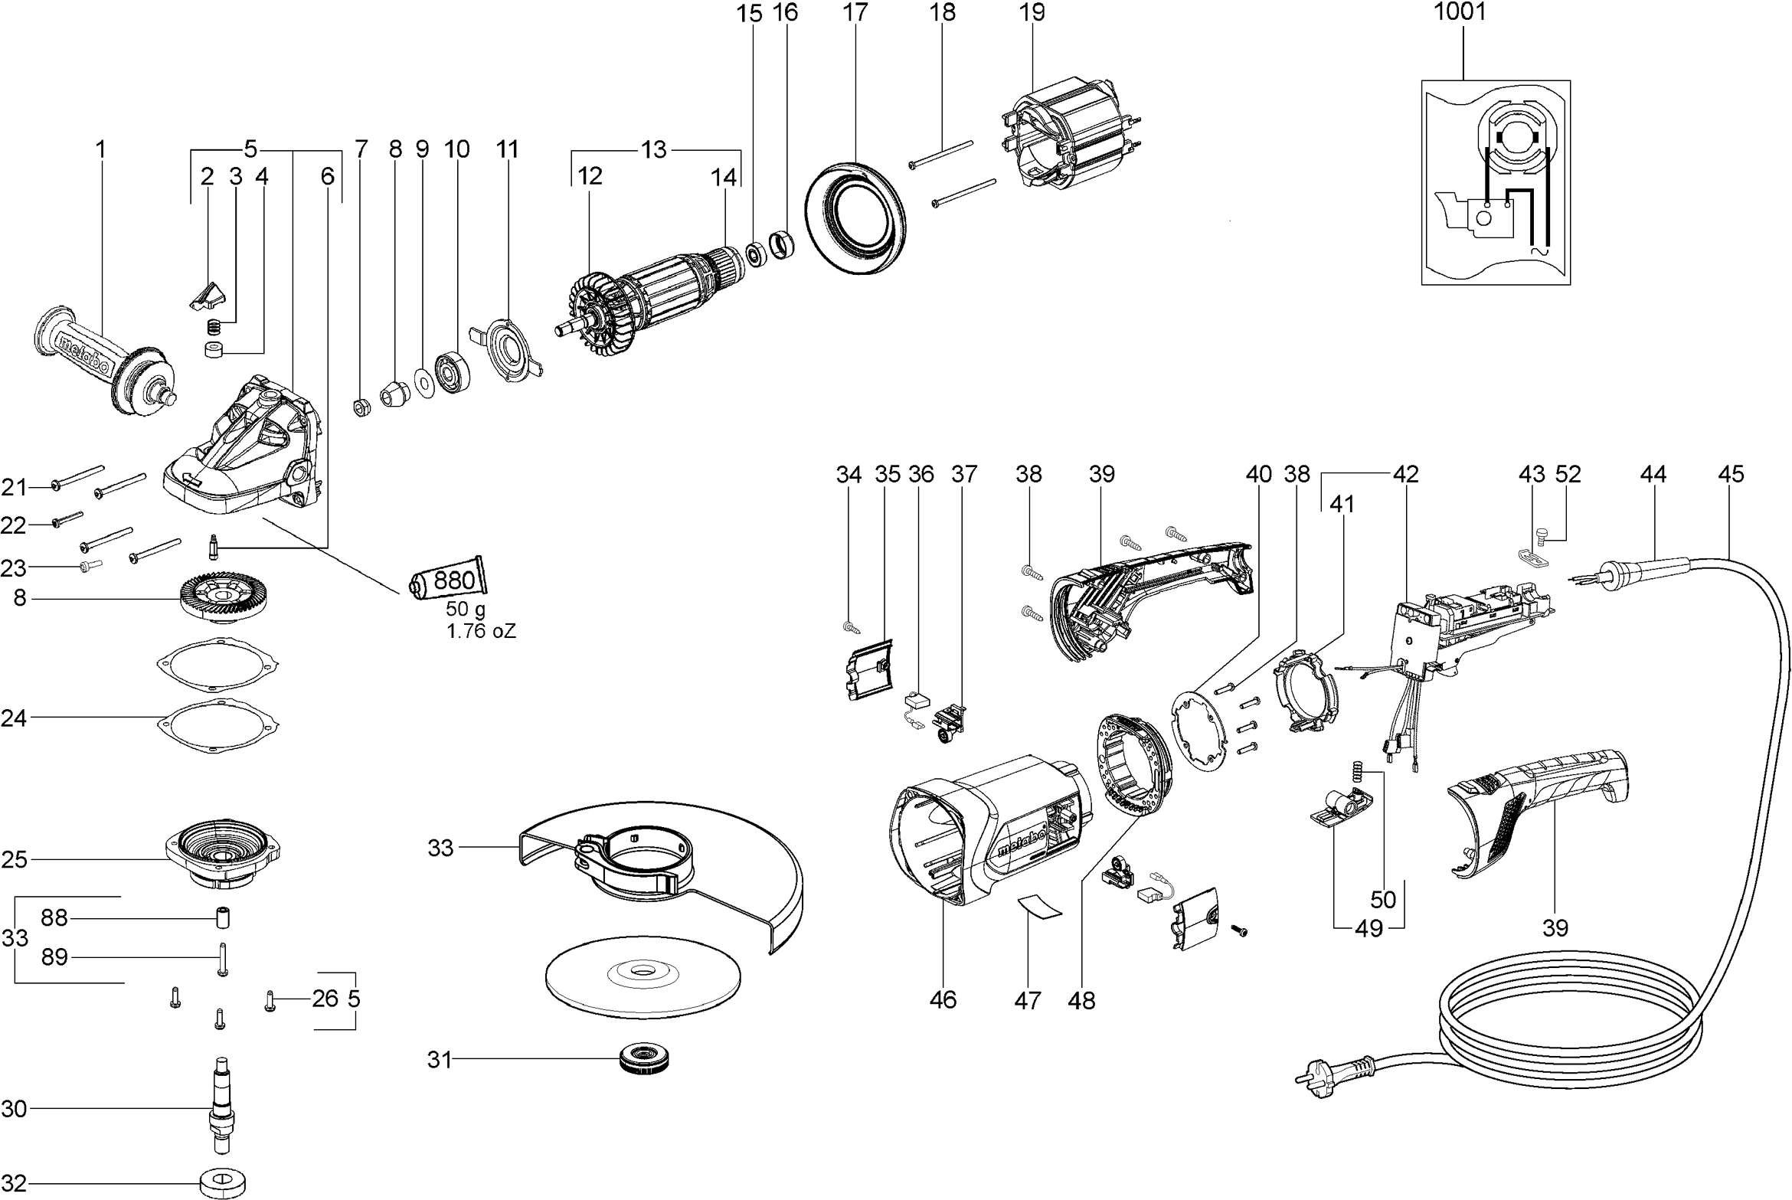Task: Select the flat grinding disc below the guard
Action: (x=643, y=972)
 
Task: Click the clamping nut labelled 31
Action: (x=646, y=1060)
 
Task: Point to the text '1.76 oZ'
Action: (x=481, y=632)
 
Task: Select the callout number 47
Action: (x=1027, y=999)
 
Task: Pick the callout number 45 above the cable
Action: (x=1731, y=474)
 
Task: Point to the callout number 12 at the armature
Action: (x=590, y=176)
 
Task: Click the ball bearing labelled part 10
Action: (x=452, y=373)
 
